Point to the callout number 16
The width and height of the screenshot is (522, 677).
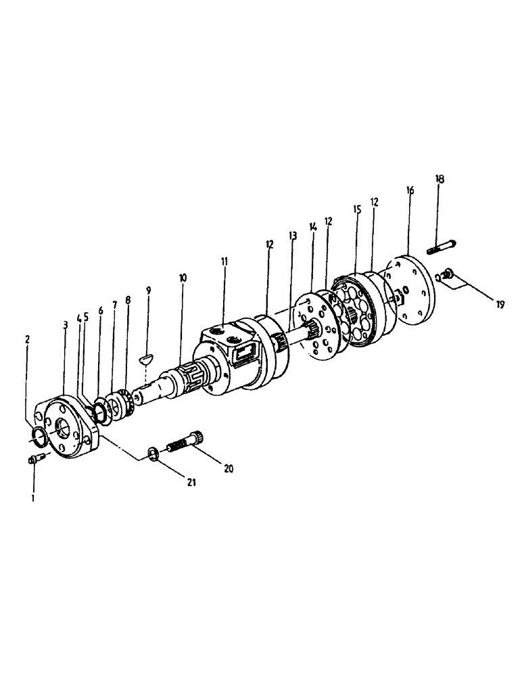click(410, 192)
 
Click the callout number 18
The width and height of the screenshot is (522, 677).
click(440, 179)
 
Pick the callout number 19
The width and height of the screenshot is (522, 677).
click(500, 305)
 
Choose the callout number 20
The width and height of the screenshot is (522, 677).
click(228, 468)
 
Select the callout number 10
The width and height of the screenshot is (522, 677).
click(182, 278)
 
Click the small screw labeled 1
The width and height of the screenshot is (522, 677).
click(34, 460)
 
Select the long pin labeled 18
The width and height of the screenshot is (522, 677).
click(442, 248)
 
